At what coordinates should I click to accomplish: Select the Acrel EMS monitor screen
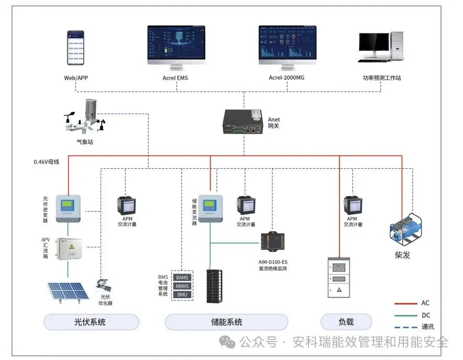[176, 44]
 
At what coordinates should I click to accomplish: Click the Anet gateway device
[243, 122]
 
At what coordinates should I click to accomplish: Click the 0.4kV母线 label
[46, 162]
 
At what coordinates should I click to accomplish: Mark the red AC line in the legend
[405, 303]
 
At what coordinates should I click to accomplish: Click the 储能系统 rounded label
[226, 322]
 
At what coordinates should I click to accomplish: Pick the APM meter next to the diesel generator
[351, 205]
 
